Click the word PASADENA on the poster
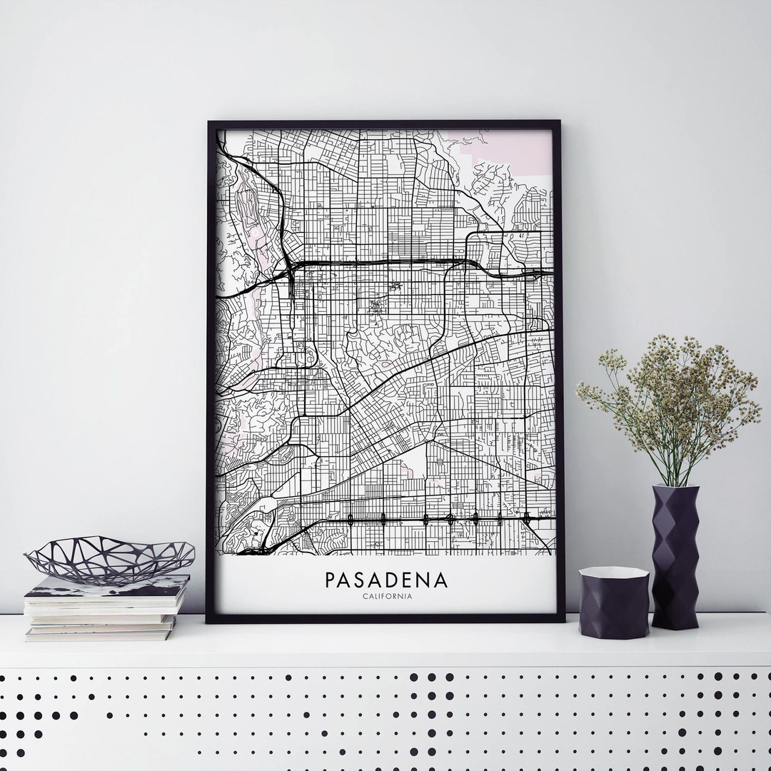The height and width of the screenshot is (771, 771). (x=386, y=578)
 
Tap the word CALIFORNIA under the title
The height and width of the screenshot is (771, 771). (x=386, y=597)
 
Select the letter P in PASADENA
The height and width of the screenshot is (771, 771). (x=331, y=578)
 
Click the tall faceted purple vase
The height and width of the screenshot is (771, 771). (x=675, y=557)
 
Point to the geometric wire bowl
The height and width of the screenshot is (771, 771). (x=109, y=557)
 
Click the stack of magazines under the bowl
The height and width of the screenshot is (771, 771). (x=106, y=607)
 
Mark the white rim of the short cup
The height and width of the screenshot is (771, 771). (x=613, y=572)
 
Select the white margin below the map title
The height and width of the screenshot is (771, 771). (x=386, y=608)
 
